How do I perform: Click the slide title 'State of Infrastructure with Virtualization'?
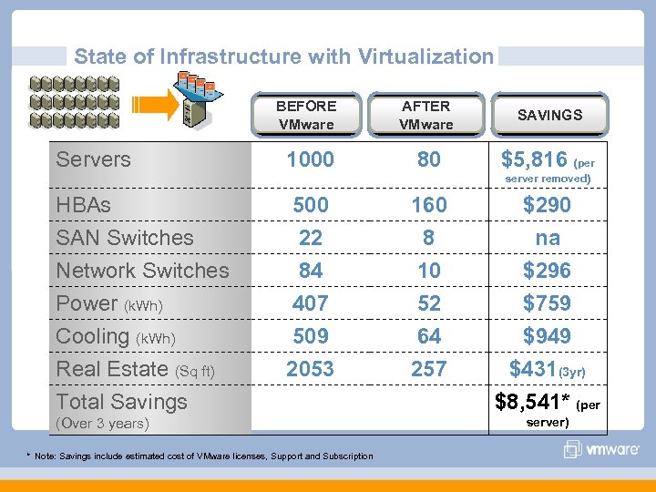(283, 56)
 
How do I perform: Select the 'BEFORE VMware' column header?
(306, 115)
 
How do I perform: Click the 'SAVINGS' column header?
(549, 115)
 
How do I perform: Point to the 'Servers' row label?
(93, 159)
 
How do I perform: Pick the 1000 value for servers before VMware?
(310, 159)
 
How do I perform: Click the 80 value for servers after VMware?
(428, 159)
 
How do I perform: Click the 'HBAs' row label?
(83, 205)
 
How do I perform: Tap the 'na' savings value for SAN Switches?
(548, 238)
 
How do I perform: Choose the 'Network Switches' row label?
(142, 271)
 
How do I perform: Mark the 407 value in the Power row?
(310, 303)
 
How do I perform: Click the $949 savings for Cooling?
(547, 336)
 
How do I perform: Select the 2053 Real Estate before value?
(310, 369)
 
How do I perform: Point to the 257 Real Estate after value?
(428, 369)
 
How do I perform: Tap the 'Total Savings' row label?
(121, 402)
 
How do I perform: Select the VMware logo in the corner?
(603, 449)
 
